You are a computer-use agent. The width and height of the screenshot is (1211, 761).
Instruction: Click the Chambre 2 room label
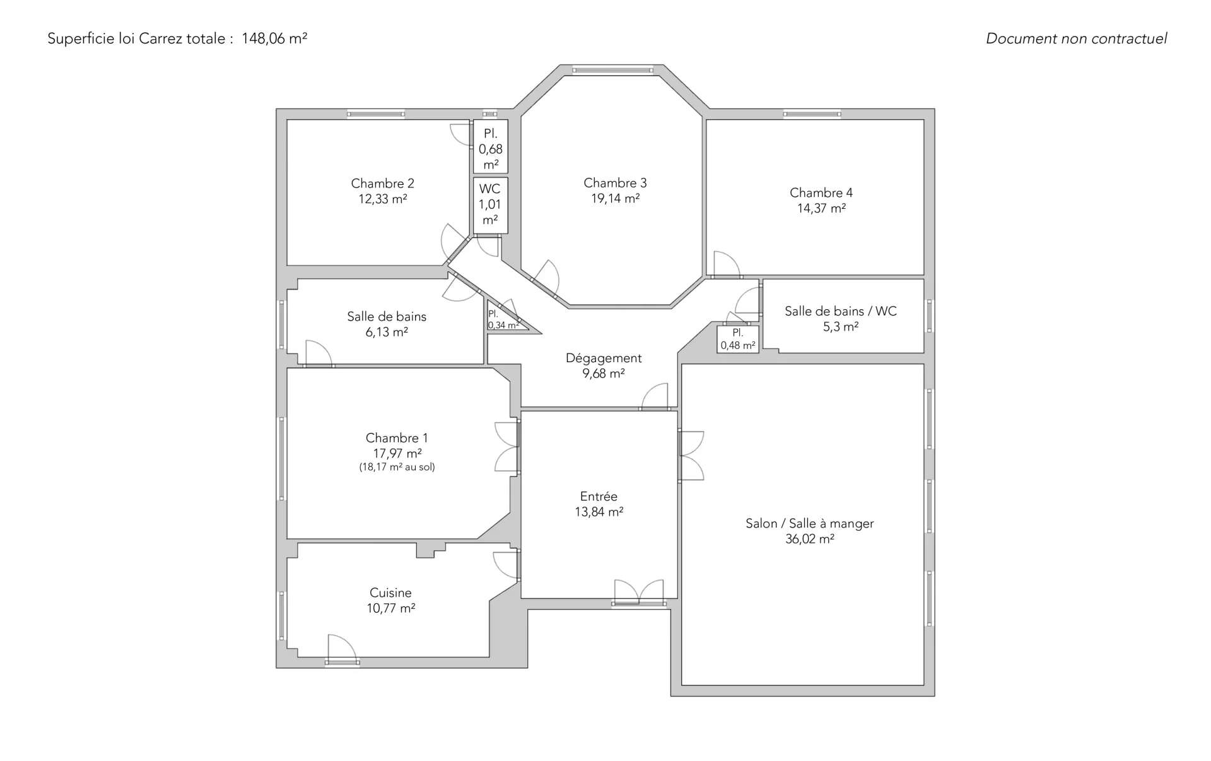tap(382, 184)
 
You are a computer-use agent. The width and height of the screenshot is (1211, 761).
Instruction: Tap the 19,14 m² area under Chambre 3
tap(615, 199)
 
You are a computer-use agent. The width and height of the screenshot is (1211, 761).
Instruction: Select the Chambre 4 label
tap(821, 193)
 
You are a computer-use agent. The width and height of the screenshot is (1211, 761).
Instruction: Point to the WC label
tap(489, 189)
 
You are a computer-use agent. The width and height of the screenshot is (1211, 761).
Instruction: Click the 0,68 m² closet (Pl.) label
tap(491, 150)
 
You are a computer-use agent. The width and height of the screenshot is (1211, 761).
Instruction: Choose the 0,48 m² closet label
tap(738, 339)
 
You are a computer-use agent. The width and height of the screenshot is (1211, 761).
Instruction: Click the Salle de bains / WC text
tap(840, 311)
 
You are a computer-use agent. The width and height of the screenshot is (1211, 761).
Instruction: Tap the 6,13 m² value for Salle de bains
tap(387, 332)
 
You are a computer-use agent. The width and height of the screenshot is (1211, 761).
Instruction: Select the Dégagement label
tap(604, 358)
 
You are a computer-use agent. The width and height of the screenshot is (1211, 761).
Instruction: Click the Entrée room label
tap(599, 497)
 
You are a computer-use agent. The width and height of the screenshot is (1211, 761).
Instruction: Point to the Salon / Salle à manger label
tap(809, 524)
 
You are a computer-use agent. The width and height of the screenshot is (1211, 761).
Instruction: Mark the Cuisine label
tap(390, 593)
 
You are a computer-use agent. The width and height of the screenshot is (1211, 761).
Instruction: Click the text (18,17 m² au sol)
tap(397, 468)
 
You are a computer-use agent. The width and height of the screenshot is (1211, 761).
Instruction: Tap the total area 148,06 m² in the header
tap(274, 38)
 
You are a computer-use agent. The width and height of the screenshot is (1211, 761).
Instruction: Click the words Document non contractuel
tap(1076, 38)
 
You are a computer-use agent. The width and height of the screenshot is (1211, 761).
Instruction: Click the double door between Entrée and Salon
tap(691, 456)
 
